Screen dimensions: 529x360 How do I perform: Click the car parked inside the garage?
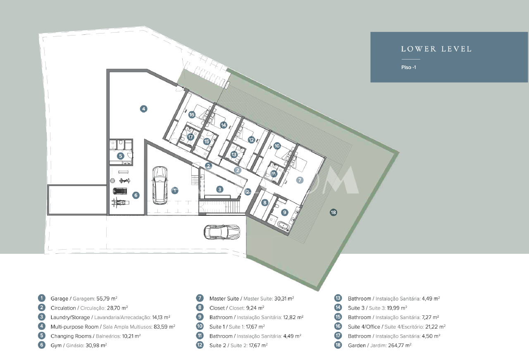click(160, 186)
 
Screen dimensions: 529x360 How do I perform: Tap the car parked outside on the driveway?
click(222, 232)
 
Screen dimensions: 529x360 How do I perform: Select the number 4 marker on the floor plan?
click(143, 109)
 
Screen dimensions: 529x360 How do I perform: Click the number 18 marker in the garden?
click(333, 212)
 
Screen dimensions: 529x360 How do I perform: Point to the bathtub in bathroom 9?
click(283, 225)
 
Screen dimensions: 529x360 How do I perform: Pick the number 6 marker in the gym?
click(136, 195)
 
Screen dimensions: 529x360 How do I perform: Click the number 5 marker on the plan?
click(120, 156)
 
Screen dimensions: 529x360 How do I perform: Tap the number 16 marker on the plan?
click(192, 115)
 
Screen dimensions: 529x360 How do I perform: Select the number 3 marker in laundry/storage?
click(219, 189)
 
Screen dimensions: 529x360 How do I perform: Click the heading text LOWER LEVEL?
click(436, 49)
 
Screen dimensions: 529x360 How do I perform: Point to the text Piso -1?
click(409, 67)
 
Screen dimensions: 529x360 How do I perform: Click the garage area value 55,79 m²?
click(107, 298)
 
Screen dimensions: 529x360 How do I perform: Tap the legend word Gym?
click(56, 346)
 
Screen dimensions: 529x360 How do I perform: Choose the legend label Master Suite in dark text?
click(224, 298)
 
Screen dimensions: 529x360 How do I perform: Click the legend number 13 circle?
click(338, 298)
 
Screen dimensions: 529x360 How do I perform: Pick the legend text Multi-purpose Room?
click(74, 327)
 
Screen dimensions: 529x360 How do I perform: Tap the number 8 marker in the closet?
click(265, 203)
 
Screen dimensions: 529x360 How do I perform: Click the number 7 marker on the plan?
click(300, 180)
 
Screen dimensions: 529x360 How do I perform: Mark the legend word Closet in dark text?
click(217, 308)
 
